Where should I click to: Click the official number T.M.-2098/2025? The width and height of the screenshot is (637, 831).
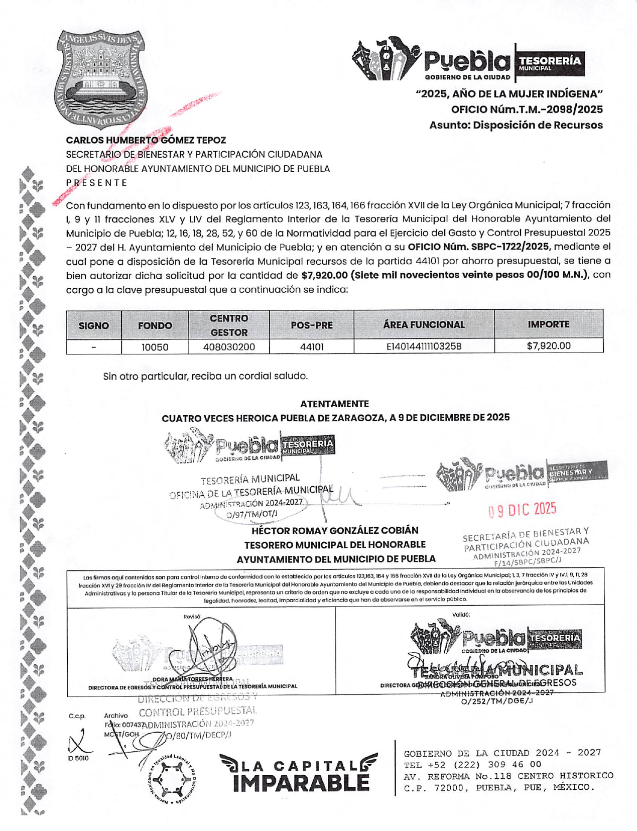click(527, 109)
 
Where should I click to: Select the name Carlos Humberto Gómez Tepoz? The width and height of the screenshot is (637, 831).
click(146, 141)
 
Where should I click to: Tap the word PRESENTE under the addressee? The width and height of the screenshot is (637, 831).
click(97, 183)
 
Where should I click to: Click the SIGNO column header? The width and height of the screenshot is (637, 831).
click(94, 325)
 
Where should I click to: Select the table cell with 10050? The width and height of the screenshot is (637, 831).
click(155, 347)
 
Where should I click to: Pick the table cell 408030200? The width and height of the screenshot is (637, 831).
click(229, 347)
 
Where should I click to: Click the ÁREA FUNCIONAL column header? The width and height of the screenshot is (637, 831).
click(424, 325)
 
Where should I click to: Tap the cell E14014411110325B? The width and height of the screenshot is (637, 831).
click(424, 346)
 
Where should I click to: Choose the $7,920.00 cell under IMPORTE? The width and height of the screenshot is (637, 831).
click(549, 346)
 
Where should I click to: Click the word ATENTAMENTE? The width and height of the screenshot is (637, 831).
click(334, 404)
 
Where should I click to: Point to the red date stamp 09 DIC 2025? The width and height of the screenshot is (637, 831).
click(522, 510)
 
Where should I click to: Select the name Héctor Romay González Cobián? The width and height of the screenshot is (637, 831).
click(335, 531)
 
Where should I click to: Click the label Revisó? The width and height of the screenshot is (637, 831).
click(192, 617)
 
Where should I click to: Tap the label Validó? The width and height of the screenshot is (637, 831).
click(461, 615)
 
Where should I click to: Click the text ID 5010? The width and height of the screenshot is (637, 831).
click(78, 758)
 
